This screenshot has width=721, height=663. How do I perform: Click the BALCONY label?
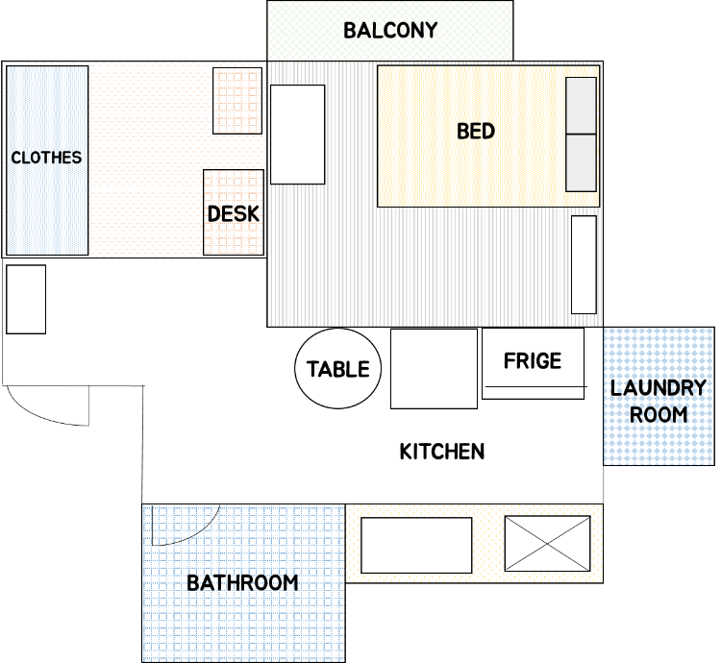coord(390,31)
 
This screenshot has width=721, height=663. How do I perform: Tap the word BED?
coord(476,132)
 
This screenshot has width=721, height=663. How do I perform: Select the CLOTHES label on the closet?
coord(46,158)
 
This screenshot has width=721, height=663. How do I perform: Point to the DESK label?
coord(234,214)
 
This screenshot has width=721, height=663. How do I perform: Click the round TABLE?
coord(338,368)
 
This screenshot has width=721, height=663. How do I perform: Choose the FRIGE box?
coord(533,363)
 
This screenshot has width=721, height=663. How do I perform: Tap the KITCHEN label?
coord(442,452)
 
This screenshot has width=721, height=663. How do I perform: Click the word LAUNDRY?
coord(658,388)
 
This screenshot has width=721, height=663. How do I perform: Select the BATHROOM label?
coord(242,583)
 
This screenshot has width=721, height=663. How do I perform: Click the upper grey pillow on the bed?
coord(582,106)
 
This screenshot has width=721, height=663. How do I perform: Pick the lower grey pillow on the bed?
coord(582,162)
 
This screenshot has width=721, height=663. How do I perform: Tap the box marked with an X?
coord(547,544)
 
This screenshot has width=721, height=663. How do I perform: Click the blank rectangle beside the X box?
coord(416,546)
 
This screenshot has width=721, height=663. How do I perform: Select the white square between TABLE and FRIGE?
coord(434,368)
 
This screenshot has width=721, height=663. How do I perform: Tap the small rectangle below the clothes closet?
coord(26,299)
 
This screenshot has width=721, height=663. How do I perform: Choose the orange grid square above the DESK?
coord(237,101)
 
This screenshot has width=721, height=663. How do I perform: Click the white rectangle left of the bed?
coord(297,135)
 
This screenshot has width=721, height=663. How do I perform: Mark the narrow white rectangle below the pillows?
coord(584,264)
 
